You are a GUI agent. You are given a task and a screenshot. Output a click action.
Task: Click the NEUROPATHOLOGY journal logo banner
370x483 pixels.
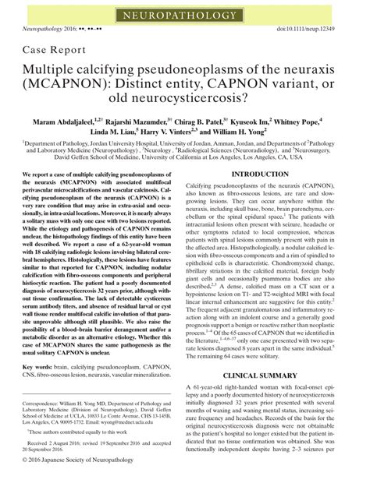pos(184,12)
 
